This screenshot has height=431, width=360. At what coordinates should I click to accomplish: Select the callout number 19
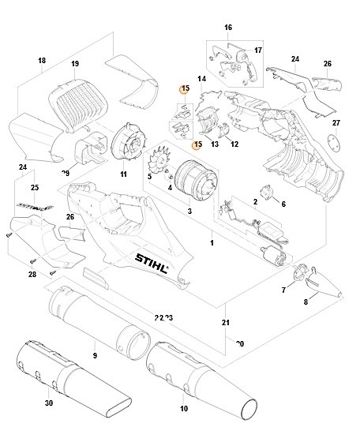75,63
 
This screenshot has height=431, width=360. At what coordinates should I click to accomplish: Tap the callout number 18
42,61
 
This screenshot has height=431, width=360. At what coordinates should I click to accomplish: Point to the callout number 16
228,28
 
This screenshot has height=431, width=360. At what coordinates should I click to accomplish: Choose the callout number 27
336,123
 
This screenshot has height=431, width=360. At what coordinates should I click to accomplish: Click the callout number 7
283,291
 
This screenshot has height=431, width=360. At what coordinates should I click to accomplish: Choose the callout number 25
34,187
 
